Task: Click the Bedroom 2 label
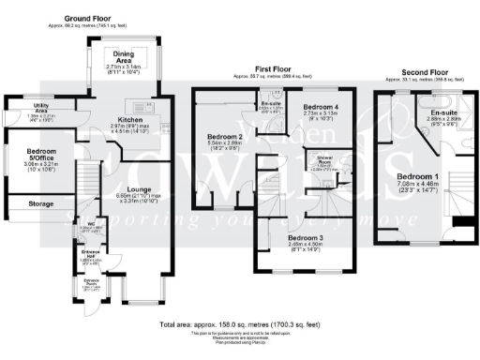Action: (225, 137)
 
